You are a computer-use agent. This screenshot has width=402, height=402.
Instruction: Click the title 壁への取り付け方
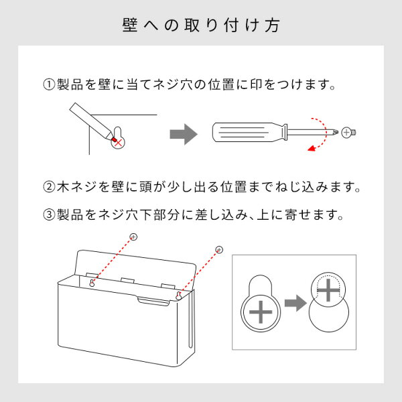(201, 25)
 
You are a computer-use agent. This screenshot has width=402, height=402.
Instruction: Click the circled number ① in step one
(49, 84)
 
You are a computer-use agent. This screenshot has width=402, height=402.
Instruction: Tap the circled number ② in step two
(49, 187)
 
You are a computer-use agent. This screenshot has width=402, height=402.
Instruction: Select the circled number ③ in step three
(49, 214)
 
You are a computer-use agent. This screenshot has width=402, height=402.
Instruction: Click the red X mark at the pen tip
(118, 143)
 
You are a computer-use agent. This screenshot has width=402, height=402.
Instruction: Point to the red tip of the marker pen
(114, 139)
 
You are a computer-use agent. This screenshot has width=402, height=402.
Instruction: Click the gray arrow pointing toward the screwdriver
(184, 135)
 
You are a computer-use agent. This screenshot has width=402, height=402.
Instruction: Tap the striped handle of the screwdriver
(245, 133)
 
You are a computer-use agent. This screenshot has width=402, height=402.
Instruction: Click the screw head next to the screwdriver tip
(348, 133)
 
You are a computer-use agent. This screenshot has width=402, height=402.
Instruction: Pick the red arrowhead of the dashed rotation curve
(312, 148)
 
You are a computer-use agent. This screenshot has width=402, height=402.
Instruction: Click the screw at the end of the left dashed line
(133, 237)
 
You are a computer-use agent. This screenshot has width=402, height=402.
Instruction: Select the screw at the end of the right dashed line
(219, 249)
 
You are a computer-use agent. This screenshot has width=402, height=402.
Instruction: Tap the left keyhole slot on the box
(92, 283)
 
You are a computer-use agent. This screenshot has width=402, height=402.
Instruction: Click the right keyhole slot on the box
(179, 296)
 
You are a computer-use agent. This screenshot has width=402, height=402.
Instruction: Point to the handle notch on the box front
(153, 301)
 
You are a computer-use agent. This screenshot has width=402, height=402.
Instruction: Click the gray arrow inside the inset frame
(295, 303)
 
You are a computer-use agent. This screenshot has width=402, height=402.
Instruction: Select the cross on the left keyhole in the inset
(261, 312)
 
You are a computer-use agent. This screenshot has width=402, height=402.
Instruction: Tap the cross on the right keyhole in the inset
(328, 290)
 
